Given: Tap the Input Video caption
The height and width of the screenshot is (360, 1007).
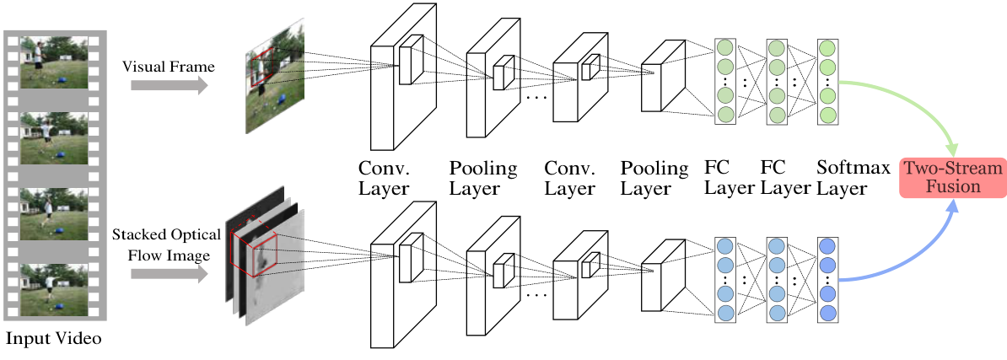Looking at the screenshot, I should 54,340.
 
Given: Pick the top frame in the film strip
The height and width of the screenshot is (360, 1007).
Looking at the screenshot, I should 54,62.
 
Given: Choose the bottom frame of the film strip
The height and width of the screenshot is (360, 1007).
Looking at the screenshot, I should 54,289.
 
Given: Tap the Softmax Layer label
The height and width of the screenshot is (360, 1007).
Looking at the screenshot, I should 853,177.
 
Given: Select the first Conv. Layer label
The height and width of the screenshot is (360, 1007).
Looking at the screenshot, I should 385,177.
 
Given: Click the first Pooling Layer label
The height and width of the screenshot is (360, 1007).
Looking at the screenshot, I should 482,177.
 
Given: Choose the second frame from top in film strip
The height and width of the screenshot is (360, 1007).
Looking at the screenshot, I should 54,138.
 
